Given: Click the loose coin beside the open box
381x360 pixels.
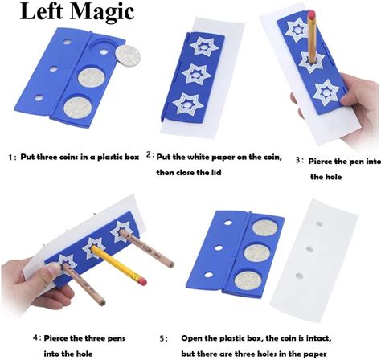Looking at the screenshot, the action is pos(128,55).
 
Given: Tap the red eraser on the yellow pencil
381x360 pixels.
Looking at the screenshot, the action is pos(141,281).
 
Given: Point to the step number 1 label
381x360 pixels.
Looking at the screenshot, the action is pos(10,157).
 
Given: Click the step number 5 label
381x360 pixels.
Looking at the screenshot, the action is pos(163,339).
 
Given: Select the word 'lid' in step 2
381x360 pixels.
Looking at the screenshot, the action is pos(215,172).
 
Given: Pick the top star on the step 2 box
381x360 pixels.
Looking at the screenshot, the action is pos(204,47).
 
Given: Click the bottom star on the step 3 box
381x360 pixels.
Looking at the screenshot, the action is pos(326,92).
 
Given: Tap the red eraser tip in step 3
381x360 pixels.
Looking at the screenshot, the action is pos(312,14).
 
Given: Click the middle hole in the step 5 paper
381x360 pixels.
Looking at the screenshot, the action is pos(309,249).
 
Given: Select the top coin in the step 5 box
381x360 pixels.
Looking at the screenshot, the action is pos(265,228).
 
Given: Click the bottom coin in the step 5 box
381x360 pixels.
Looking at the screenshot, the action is pos(248,280).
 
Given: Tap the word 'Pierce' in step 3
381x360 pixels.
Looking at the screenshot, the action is pos(320,162).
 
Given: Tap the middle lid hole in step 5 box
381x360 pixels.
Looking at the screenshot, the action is pos(219,248).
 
